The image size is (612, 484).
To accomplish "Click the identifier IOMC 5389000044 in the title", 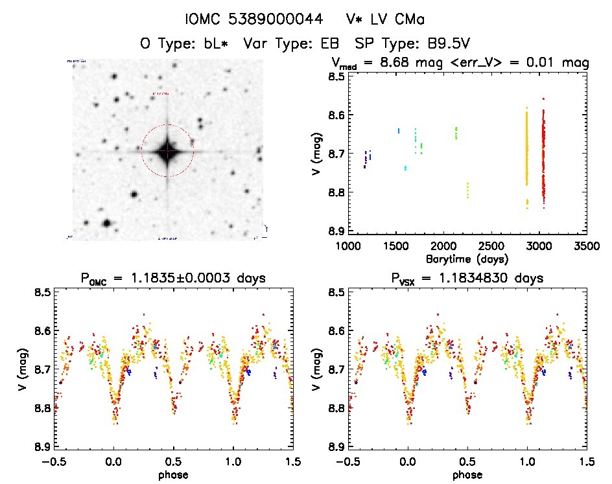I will point(253,19).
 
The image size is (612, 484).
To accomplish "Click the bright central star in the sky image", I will point(167,151).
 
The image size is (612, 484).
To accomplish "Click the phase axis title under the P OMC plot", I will point(173,474).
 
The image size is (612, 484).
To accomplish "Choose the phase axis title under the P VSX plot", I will point(467,474).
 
